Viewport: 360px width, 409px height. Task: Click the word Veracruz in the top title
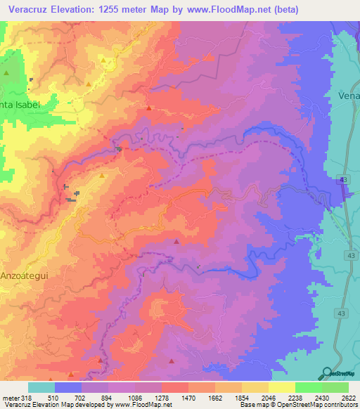(26, 10)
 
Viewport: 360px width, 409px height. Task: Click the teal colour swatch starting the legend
(41, 387)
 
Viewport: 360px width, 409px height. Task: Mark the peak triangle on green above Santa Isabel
(6, 72)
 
